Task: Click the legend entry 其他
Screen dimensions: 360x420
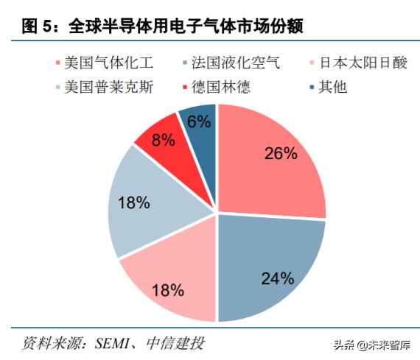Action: pos(331,88)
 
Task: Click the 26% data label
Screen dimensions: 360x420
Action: pos(281,153)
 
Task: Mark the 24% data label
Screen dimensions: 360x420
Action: pos(278,278)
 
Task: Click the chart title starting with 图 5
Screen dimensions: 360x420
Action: pos(163,27)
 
